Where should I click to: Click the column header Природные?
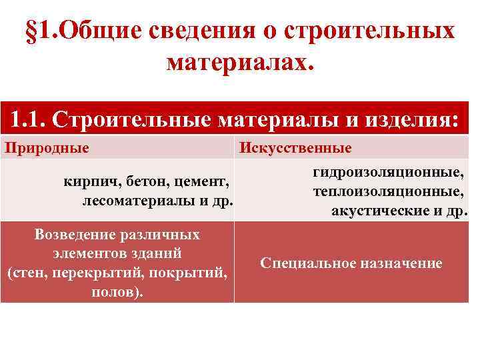click(47, 147)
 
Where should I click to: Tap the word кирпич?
click(88, 181)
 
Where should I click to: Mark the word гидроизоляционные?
click(389, 173)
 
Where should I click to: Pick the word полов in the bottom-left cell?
click(115, 292)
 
